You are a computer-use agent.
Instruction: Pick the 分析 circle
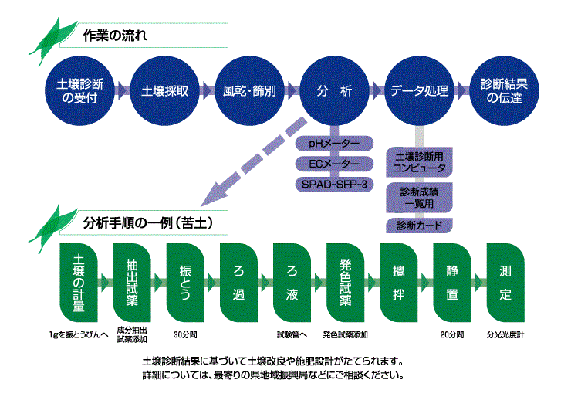(334, 90)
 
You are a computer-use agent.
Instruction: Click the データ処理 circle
(418, 90)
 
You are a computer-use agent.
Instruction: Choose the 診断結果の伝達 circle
(502, 90)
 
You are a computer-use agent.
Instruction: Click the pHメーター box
(334, 144)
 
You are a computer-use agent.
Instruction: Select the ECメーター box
(334, 164)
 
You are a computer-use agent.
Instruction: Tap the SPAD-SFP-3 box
(334, 184)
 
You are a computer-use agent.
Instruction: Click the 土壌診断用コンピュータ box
(418, 161)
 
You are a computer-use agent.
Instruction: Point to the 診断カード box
(418, 226)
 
